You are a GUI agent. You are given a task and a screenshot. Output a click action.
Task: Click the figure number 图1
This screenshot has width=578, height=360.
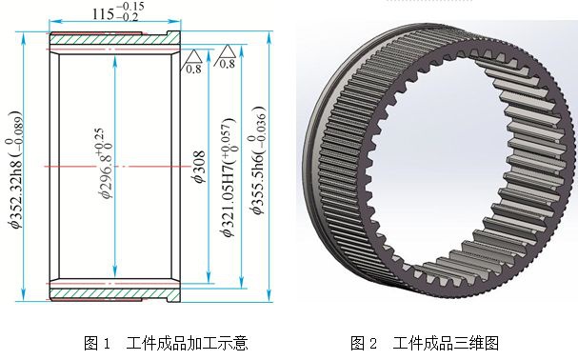pyautogui.click(x=98, y=343)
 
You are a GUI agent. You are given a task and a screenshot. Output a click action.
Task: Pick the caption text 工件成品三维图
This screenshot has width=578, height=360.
pyautogui.click(x=446, y=343)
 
